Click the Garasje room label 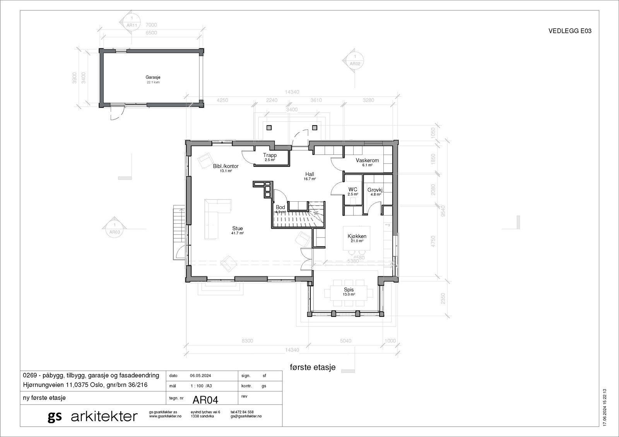(153, 78)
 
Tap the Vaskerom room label (367, 161)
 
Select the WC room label (352, 190)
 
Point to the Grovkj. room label (375, 190)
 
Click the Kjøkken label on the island (357, 236)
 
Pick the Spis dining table (349, 292)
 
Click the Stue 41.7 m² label (238, 229)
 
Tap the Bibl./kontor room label (226, 167)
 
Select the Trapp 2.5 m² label (270, 156)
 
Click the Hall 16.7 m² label (309, 175)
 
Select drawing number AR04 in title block (205, 399)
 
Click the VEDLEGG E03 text (569, 32)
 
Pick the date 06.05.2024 (200, 376)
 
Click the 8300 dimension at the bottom (247, 341)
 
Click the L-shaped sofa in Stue (215, 217)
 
